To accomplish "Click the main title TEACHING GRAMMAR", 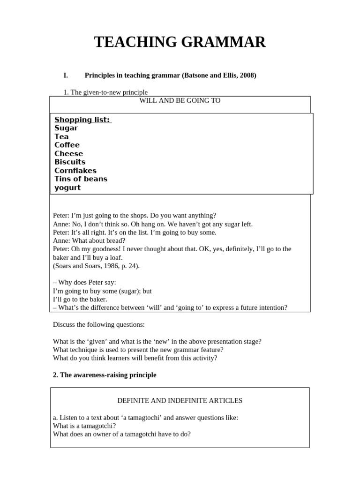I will (180, 42).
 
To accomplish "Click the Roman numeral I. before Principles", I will (66, 75).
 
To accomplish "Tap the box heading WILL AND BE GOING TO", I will (180, 100).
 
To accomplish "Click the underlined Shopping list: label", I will (82, 120).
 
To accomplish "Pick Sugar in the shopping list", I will (66, 128).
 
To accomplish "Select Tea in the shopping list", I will (61, 136).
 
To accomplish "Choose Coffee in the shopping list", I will (67, 145).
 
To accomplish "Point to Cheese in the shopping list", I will (68, 153).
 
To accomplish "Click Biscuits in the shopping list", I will (70, 162).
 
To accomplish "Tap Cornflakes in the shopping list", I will (75, 170).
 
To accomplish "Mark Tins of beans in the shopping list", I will (81, 179).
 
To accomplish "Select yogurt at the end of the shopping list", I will (67, 187).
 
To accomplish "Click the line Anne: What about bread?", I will (89, 240).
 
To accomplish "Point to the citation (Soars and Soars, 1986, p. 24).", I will (96, 266).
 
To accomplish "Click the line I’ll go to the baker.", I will (80, 299).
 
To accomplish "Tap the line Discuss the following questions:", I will (98, 324).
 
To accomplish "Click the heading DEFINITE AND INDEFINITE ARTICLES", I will (180, 400).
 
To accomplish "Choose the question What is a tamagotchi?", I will (84, 426).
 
